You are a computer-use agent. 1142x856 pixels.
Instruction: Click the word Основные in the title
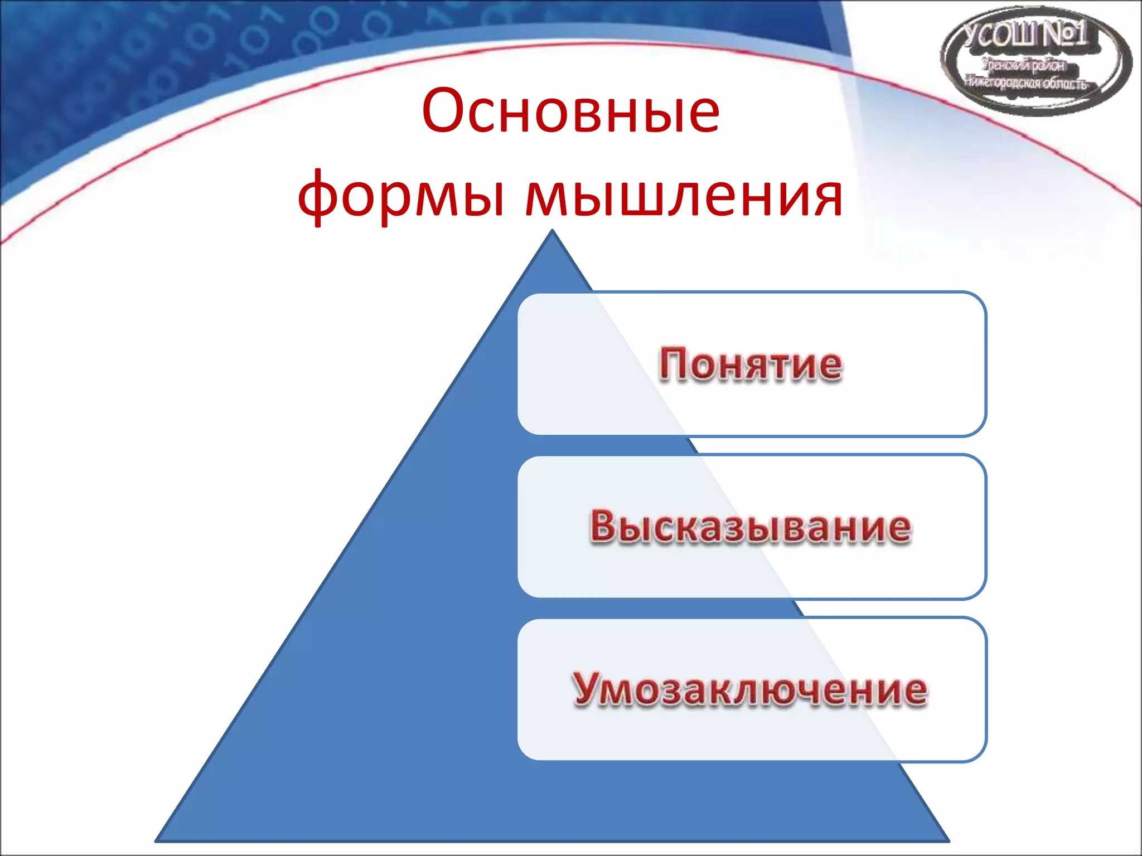[x=570, y=111]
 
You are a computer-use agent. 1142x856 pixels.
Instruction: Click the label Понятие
[x=751, y=364]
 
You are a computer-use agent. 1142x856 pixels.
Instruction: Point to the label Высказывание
[x=751, y=527]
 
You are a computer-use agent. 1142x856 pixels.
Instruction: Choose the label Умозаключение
[x=749, y=690]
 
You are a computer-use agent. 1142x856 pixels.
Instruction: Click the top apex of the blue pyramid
[x=553, y=231]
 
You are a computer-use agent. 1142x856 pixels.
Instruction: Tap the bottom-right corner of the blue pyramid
[x=948, y=840]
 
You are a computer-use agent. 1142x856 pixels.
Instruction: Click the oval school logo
[x=1036, y=61]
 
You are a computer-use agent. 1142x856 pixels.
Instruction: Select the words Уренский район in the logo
[x=1024, y=66]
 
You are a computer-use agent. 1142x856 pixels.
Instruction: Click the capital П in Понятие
[x=675, y=364]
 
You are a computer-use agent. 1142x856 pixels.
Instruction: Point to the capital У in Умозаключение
[x=588, y=689]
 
